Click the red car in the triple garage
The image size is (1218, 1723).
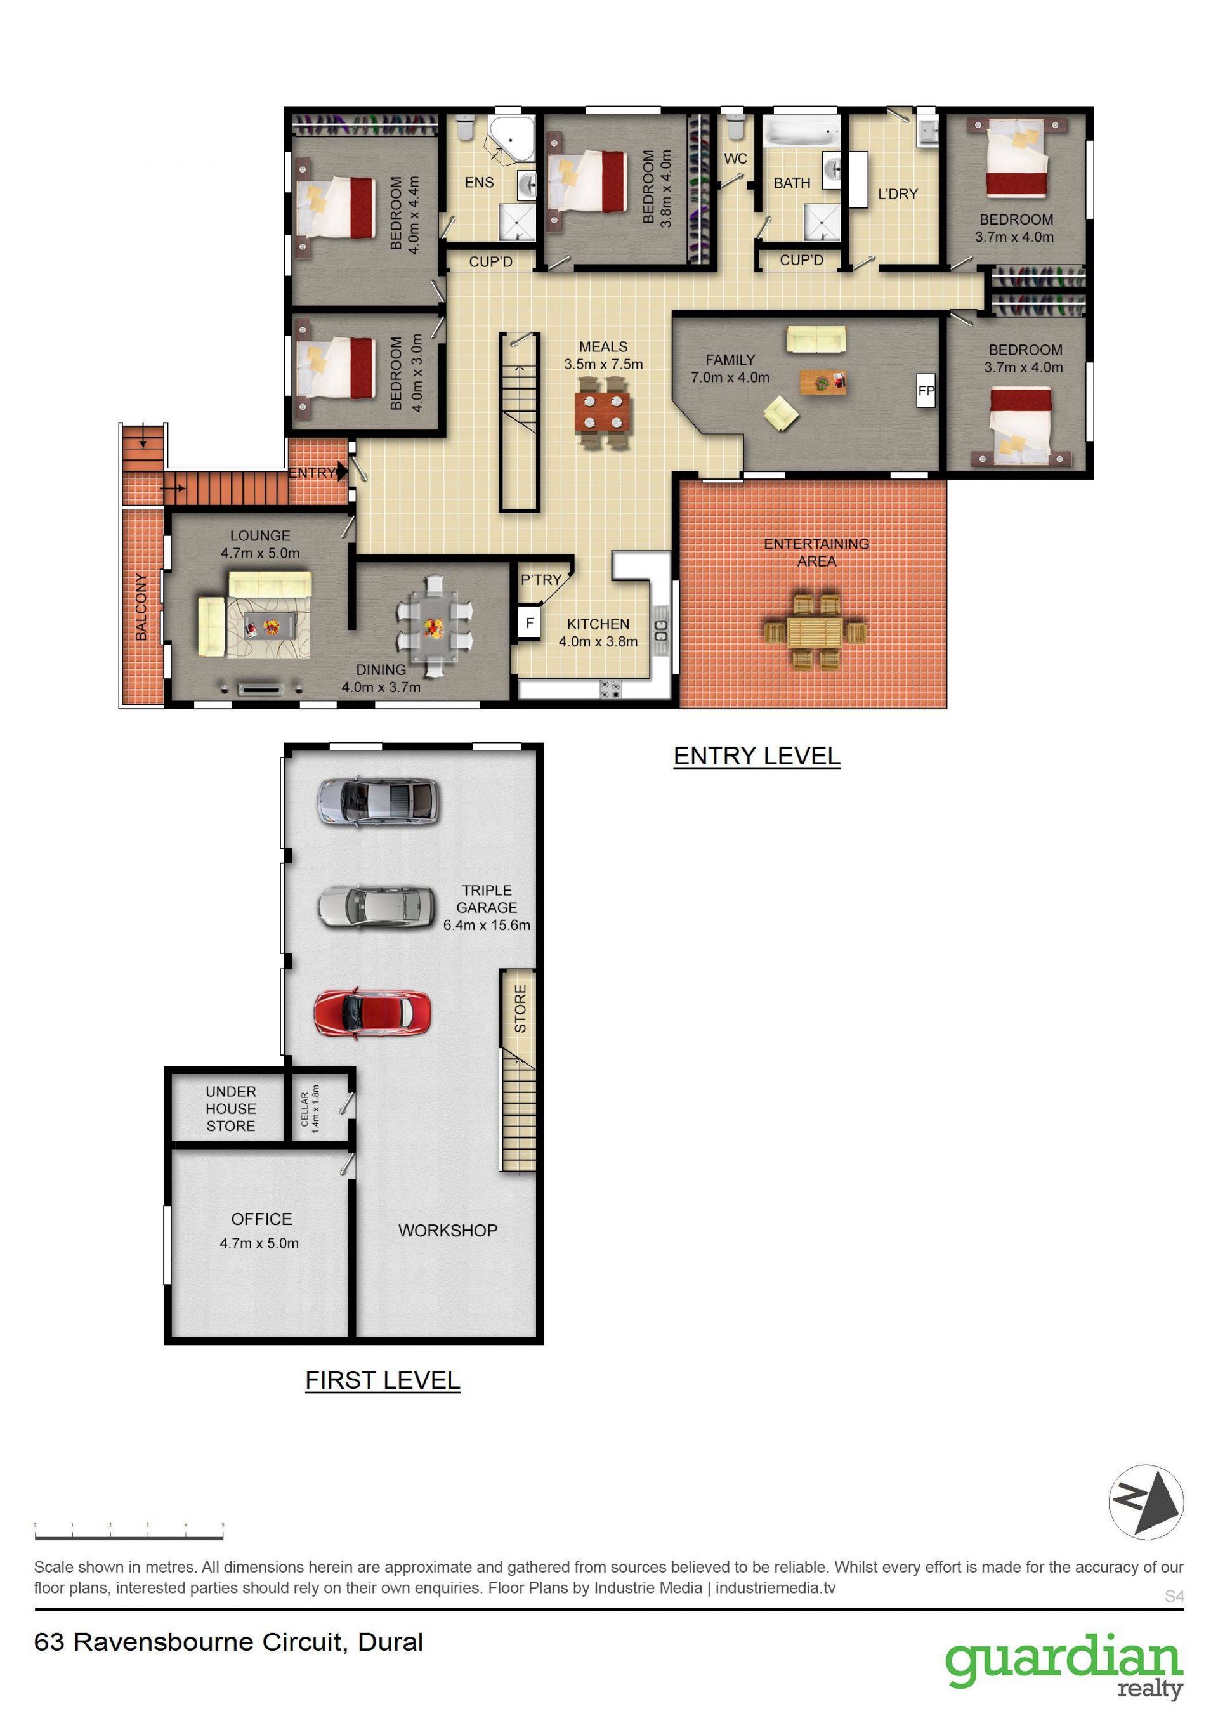tap(372, 1012)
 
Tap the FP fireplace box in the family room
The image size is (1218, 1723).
tap(926, 390)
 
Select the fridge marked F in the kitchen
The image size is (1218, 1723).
tap(529, 623)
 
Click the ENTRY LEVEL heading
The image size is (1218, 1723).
tap(756, 756)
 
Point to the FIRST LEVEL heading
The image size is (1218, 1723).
tap(382, 1380)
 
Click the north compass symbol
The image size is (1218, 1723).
tap(1146, 1502)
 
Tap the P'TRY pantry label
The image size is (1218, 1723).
tap(541, 580)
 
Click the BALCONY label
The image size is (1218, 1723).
tap(141, 607)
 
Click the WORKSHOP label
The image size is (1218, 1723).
tap(447, 1231)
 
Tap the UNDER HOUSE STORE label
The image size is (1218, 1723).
tap(231, 1108)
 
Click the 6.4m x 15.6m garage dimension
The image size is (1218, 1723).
tap(487, 926)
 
